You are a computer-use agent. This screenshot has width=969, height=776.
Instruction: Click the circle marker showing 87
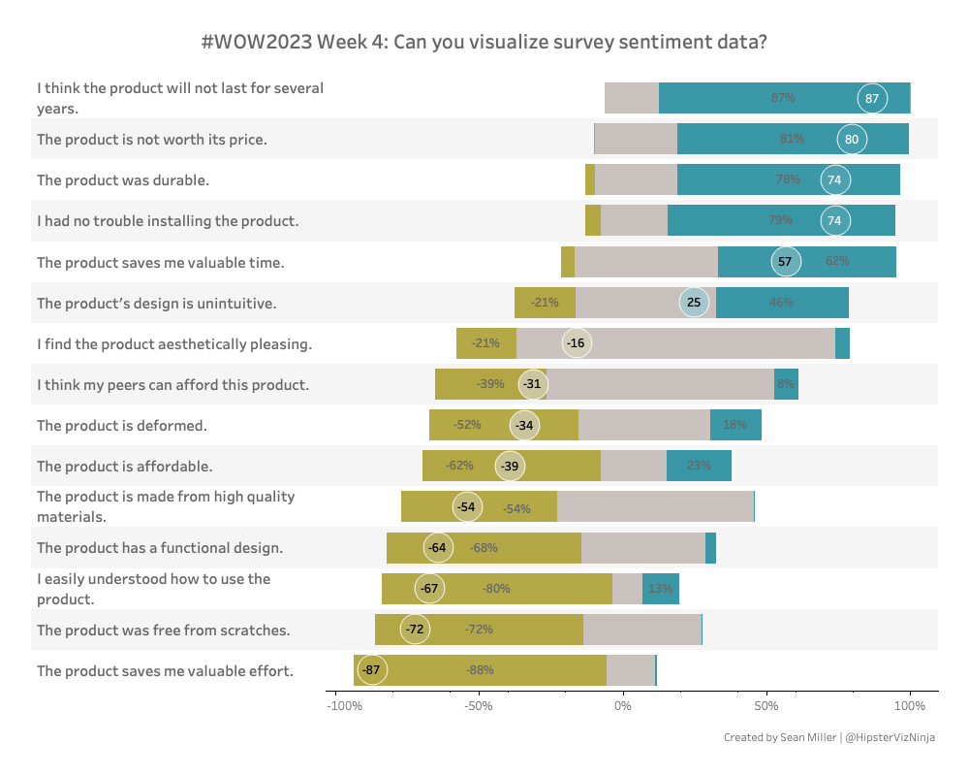point(872,98)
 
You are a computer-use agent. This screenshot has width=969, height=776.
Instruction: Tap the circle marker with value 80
point(852,139)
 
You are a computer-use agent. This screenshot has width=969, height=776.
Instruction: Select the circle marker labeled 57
point(785,262)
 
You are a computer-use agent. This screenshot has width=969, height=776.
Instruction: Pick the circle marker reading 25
point(694,303)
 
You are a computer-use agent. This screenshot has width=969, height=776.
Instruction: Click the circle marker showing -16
point(577,343)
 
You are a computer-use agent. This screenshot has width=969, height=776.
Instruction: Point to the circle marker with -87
point(371,670)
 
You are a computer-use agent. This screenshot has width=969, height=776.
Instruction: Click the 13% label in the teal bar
point(660,589)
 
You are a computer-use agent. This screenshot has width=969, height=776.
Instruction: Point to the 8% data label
point(786,384)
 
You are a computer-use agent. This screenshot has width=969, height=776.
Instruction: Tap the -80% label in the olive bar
point(497,589)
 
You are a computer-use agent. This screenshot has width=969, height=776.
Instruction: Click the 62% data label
point(838,262)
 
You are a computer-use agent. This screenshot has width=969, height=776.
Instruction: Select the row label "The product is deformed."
point(122,425)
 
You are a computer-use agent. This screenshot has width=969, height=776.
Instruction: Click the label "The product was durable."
point(123,179)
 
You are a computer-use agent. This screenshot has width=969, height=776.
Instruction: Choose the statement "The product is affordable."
point(124,466)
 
